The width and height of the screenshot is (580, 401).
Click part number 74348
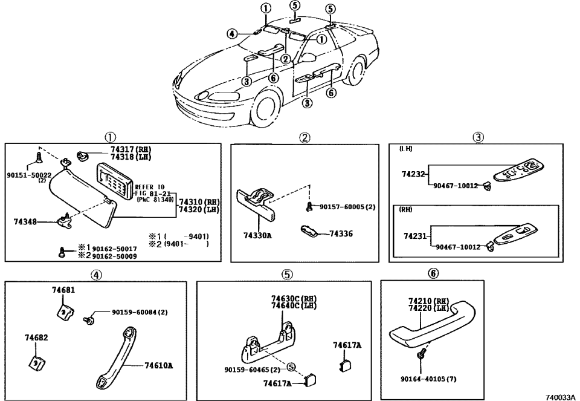coord(25,222)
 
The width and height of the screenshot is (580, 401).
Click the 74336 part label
coord(341,233)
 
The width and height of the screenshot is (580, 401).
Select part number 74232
coord(414,174)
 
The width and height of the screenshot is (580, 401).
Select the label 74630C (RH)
coord(293,299)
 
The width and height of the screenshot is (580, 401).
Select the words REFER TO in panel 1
coord(149,187)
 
